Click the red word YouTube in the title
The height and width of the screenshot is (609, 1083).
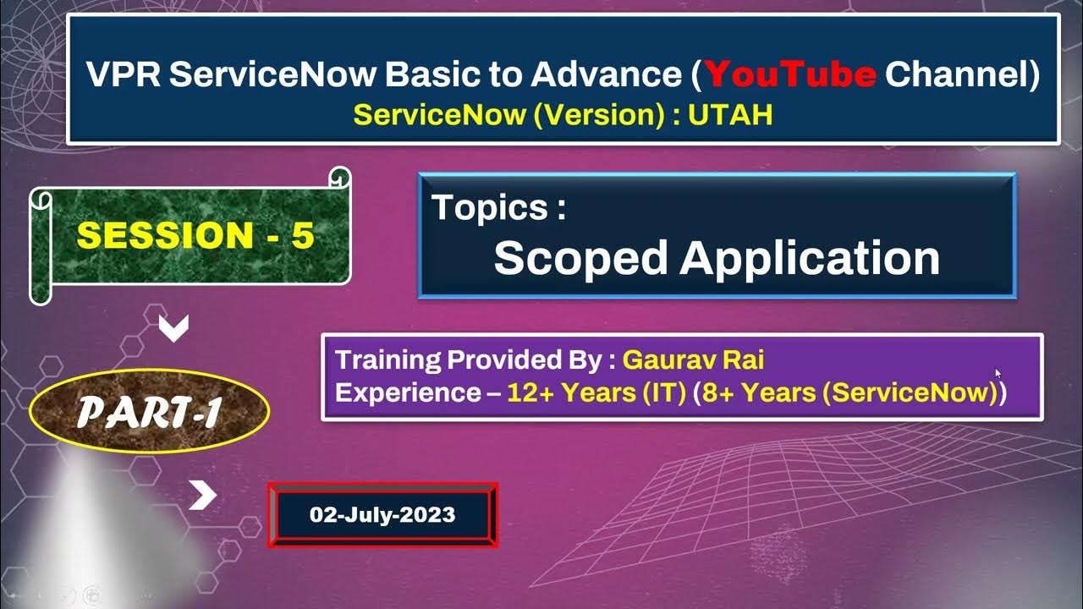pyautogui.click(x=790, y=75)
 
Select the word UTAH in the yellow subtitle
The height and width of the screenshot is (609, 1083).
pyautogui.click(x=730, y=115)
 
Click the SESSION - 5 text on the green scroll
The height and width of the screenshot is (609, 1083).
pyautogui.click(x=195, y=236)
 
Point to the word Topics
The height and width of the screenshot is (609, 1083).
pyautogui.click(x=498, y=208)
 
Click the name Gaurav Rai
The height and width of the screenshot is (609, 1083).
pyautogui.click(x=693, y=360)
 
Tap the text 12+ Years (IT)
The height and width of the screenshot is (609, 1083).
pyautogui.click(x=596, y=393)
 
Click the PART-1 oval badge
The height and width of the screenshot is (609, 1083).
pyautogui.click(x=149, y=413)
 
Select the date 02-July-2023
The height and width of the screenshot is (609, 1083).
pyautogui.click(x=382, y=514)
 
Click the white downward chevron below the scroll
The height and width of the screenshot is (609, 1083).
pyautogui.click(x=173, y=329)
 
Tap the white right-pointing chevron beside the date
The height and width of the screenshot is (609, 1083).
pyautogui.click(x=202, y=497)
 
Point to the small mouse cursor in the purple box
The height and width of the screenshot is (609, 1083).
pyautogui.click(x=998, y=372)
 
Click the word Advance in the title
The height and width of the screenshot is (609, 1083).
pyautogui.click(x=606, y=75)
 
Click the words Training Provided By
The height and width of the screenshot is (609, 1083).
pyautogui.click(x=470, y=360)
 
